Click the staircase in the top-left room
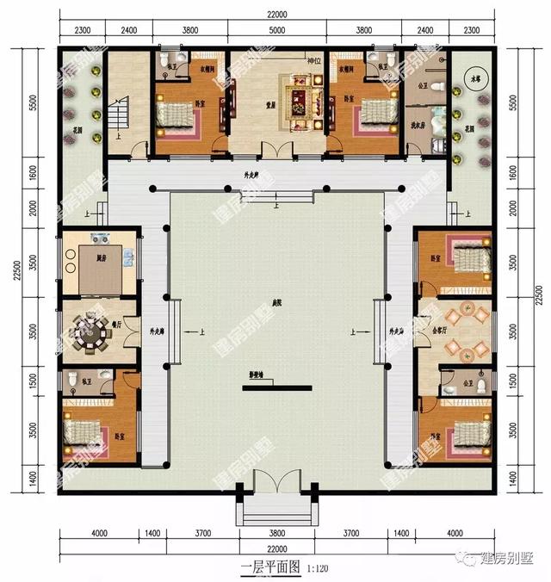click(121, 112)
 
